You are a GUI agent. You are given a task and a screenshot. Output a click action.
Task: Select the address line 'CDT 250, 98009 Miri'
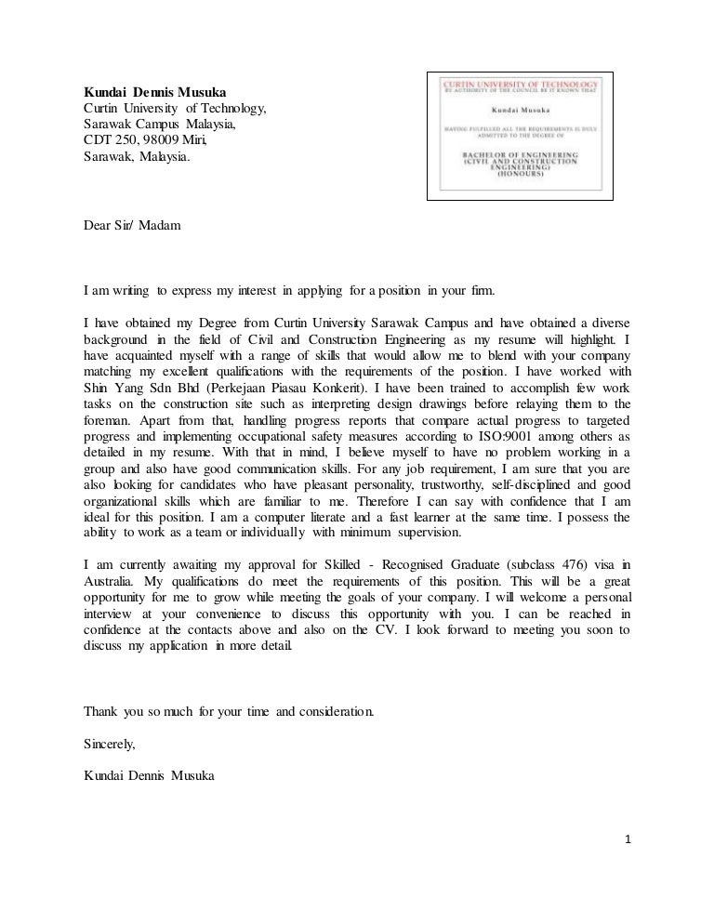click(x=145, y=139)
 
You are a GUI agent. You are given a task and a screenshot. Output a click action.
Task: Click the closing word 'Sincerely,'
click(x=110, y=743)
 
